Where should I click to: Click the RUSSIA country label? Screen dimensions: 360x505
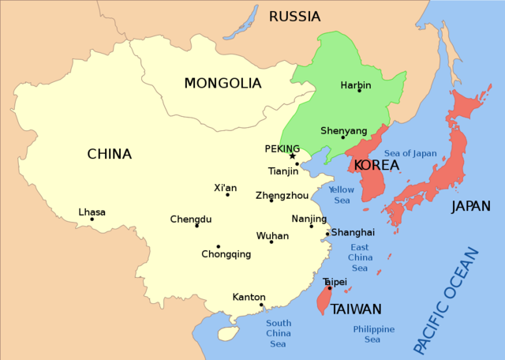point(294,17)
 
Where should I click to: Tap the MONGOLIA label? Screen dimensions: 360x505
point(222,83)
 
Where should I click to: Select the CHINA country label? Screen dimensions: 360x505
point(109,154)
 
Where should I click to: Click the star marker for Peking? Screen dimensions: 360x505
point(292,156)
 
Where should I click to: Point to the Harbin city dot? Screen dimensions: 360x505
point(359,90)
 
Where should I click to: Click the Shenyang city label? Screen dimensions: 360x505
point(344,130)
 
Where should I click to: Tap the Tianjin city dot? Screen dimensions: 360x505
point(297,164)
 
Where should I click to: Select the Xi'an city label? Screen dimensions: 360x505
point(225,187)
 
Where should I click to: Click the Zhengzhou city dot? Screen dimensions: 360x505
point(271,201)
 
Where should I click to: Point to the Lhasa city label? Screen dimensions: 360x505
point(92,212)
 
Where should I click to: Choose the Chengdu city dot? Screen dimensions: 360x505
point(196,226)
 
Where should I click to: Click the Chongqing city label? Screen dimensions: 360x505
point(226,254)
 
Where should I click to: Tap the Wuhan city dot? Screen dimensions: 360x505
point(271,242)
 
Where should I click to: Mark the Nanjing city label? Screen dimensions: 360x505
point(309,219)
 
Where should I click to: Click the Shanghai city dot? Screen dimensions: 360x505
point(327,234)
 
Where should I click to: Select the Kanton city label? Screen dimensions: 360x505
point(249,298)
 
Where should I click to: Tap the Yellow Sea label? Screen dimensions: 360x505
point(341,195)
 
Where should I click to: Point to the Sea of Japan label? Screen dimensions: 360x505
point(410,153)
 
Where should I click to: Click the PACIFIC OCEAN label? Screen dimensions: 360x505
point(446,300)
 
